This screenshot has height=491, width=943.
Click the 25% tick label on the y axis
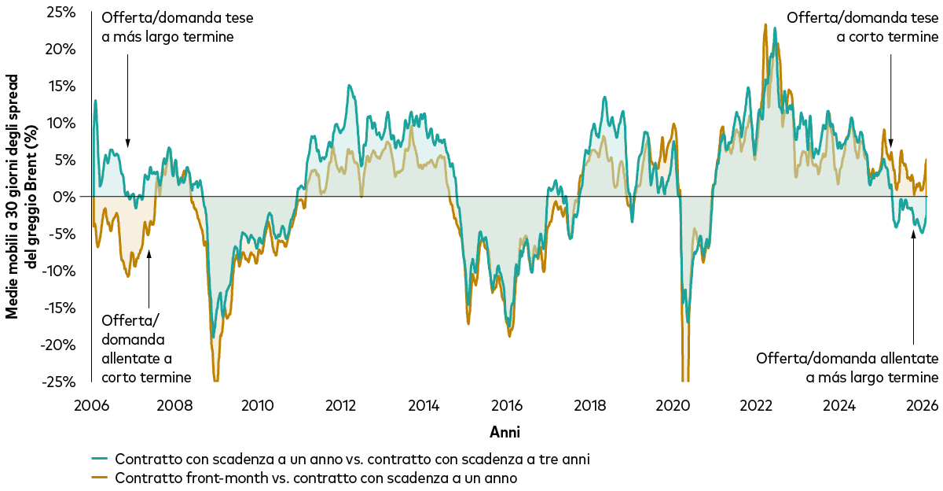click(x=61, y=12)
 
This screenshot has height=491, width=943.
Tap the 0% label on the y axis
click(x=64, y=197)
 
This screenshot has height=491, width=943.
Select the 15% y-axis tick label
click(x=61, y=86)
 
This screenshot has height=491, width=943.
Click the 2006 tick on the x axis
click(x=91, y=406)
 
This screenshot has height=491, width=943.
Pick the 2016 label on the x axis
click(x=507, y=406)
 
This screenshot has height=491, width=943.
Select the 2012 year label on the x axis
click(x=340, y=406)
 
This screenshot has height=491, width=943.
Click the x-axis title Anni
click(x=505, y=432)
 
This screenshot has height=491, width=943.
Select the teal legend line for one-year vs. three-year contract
click(x=99, y=459)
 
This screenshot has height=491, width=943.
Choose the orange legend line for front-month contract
click(x=99, y=478)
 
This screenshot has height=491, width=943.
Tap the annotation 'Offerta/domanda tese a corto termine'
click(x=861, y=27)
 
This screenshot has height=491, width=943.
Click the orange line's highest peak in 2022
click(x=765, y=25)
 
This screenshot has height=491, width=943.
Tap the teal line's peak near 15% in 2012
click(x=348, y=86)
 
